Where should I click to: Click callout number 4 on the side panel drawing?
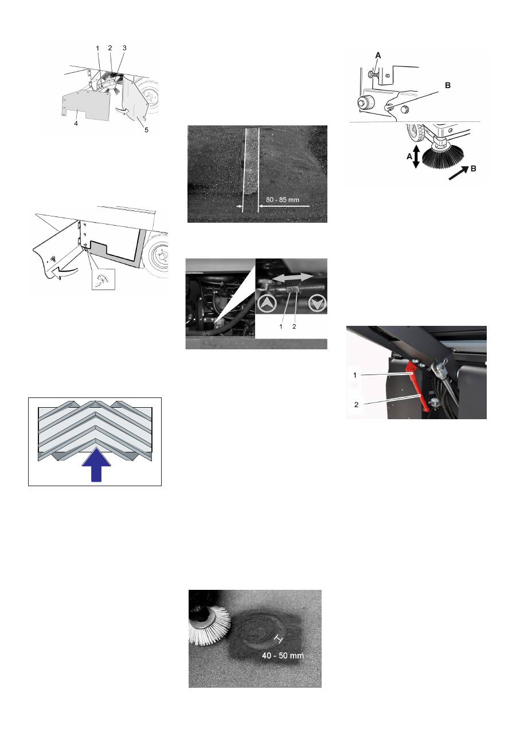[x=76, y=124]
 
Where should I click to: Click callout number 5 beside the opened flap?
[x=146, y=130]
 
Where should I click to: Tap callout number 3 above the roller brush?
[x=124, y=48]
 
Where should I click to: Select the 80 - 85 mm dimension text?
[x=283, y=199]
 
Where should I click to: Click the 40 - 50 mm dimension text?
[x=283, y=655]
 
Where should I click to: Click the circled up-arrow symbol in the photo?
[x=267, y=304]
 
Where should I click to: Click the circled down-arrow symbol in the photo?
[x=317, y=304]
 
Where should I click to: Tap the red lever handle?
[x=416, y=385]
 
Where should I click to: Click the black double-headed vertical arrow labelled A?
[x=416, y=156]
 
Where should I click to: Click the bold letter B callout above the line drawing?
[x=448, y=85]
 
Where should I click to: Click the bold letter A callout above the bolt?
[x=378, y=56]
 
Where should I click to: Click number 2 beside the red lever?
[x=356, y=404]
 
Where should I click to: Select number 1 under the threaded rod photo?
[x=281, y=326]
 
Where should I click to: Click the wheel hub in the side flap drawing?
[x=161, y=255]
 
